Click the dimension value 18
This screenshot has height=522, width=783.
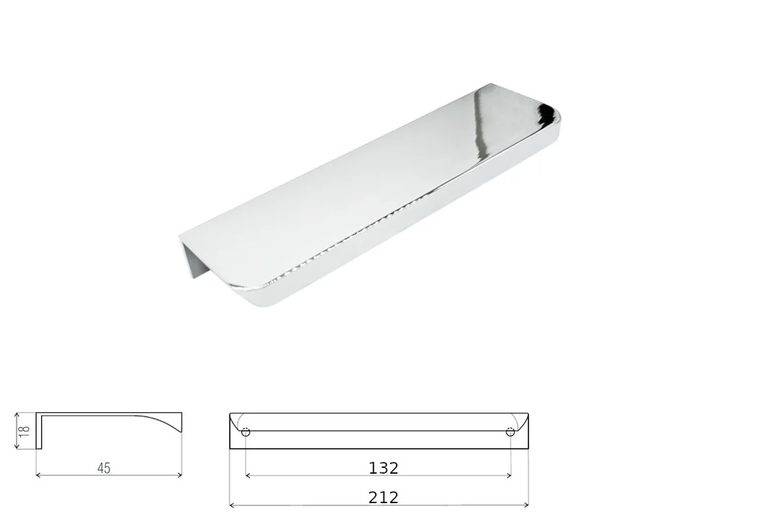(25, 430)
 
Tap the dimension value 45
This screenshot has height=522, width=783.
(104, 468)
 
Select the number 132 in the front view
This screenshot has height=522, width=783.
(384, 468)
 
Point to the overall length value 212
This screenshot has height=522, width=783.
(384, 497)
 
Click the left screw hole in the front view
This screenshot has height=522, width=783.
(246, 432)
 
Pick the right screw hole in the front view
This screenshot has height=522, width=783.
(510, 432)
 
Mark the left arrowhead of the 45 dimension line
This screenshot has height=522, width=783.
(38, 475)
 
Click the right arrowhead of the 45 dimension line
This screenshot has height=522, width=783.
(180, 475)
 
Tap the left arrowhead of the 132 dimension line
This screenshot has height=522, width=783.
(248, 476)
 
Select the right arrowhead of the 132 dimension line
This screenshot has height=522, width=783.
(508, 476)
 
